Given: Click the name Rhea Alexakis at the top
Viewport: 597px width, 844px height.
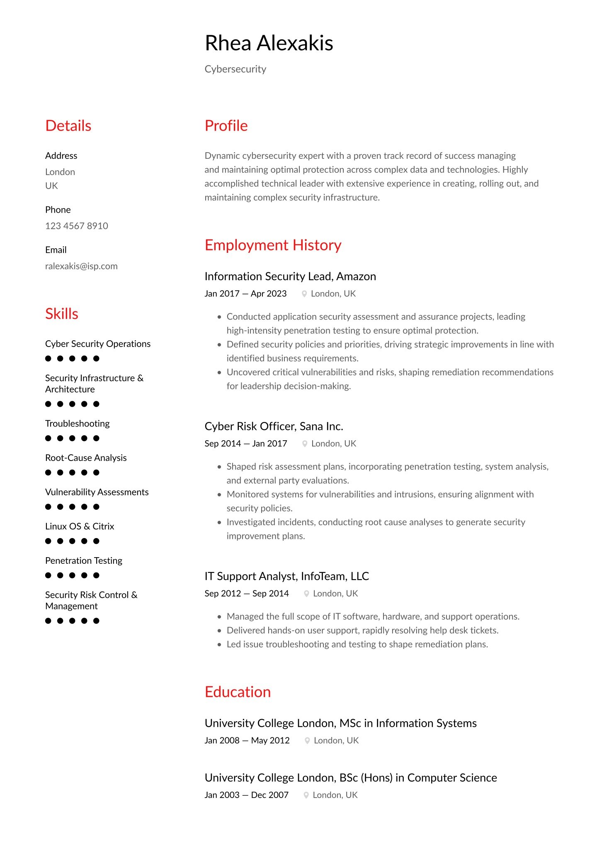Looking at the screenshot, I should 269,43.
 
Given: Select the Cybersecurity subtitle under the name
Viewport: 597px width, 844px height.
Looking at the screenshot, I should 235,69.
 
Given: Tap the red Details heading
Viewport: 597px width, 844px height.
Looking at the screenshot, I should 68,126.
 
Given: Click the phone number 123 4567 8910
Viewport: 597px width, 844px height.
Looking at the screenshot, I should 76,226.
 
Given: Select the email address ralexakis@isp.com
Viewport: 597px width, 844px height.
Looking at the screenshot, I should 81,266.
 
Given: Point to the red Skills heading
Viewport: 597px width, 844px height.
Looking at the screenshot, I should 61,314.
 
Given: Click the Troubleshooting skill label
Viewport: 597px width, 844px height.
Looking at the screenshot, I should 77,424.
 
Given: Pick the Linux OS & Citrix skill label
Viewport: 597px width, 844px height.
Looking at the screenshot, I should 80,526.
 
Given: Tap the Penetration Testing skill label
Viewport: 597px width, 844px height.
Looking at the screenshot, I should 84,561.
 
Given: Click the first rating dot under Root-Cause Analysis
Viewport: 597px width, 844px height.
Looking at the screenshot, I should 48,473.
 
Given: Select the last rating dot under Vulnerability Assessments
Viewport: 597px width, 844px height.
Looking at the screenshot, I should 96,507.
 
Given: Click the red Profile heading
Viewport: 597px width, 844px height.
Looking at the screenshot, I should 226,126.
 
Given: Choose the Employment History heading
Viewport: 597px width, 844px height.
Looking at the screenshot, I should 273,245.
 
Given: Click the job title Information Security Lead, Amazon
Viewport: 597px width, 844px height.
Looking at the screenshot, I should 290,276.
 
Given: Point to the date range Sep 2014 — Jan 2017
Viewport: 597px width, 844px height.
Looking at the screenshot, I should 245,444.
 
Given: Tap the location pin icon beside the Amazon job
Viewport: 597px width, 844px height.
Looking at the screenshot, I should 304,294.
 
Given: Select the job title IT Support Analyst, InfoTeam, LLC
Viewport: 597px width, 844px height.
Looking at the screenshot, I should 286,576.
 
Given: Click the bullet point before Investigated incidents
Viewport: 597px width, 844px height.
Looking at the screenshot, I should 219,522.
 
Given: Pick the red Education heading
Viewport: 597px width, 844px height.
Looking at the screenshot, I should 238,692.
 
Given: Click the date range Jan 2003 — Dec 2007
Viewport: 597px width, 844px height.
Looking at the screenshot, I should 246,795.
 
